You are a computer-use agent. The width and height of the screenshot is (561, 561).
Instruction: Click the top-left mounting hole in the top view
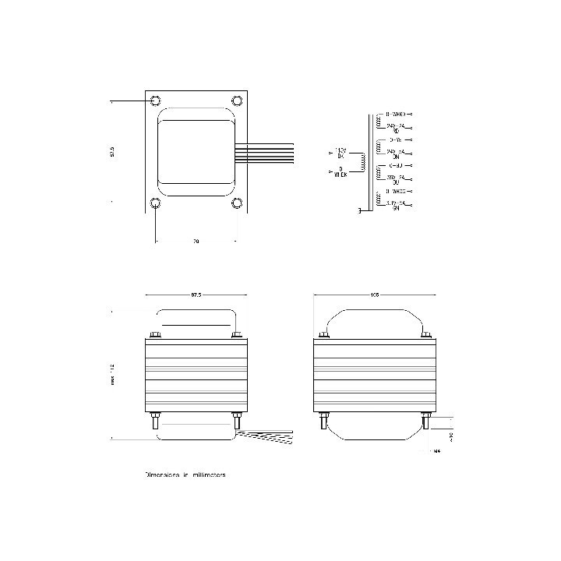[155, 101]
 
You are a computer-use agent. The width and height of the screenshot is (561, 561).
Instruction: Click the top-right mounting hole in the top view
[237, 101]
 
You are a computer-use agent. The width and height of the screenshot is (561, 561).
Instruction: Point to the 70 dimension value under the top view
[196, 242]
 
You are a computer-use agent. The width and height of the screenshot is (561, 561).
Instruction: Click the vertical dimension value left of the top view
[113, 153]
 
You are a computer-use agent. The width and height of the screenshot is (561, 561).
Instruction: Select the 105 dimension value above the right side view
[374, 295]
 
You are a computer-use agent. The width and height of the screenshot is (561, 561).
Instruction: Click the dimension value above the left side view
[196, 295]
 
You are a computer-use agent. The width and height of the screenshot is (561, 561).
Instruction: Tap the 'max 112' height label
[113, 375]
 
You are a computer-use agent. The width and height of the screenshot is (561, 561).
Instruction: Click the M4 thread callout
[437, 450]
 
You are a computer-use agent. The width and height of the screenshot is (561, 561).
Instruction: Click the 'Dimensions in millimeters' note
[185, 474]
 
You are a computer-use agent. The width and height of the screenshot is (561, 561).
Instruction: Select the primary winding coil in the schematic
[361, 161]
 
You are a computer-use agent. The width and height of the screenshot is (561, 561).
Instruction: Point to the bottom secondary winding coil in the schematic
[379, 200]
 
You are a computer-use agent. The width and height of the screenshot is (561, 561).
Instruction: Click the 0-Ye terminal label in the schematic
[395, 139]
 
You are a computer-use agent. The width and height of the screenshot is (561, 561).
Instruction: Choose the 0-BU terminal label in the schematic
[395, 165]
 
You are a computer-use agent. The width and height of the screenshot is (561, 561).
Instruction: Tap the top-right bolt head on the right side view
[425, 335]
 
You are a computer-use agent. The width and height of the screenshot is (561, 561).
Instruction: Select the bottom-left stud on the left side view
[155, 422]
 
